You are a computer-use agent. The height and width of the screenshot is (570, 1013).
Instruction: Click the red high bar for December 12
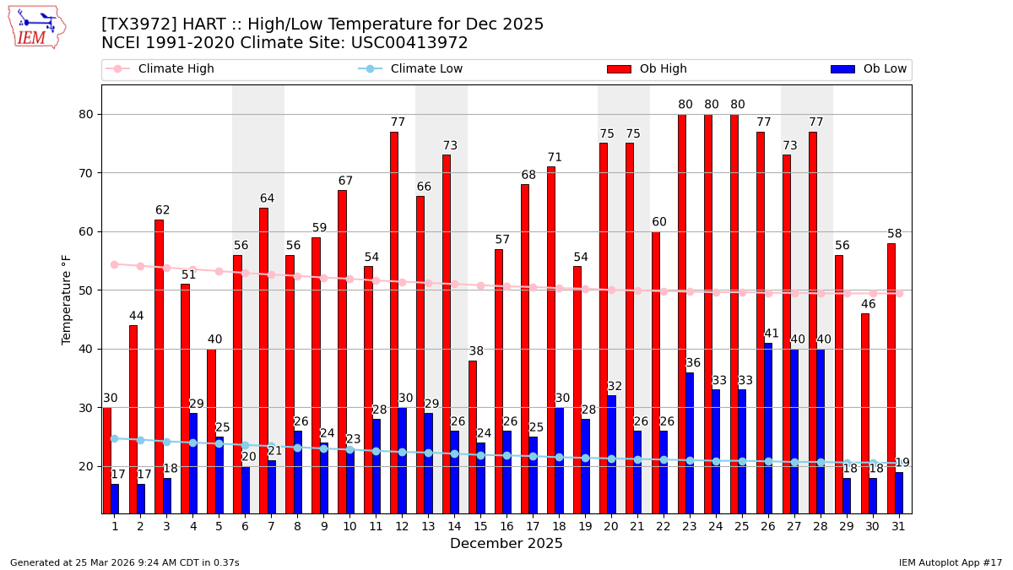(x=394, y=321)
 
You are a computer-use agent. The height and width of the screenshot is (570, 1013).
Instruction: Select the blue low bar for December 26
(x=768, y=427)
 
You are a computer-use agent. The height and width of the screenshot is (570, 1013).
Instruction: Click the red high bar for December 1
(x=106, y=459)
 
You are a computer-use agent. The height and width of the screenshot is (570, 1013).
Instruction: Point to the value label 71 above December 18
(x=555, y=158)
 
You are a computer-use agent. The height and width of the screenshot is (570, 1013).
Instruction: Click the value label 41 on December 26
(x=772, y=334)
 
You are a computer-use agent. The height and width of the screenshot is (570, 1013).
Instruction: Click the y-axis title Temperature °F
(x=67, y=299)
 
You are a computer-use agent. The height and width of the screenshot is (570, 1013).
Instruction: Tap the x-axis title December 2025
(x=506, y=544)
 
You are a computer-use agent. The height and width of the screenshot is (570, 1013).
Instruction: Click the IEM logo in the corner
(x=36, y=27)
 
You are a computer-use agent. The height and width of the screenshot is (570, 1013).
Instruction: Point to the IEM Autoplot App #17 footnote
(x=950, y=562)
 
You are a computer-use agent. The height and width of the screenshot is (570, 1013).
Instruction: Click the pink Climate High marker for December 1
(x=114, y=264)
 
